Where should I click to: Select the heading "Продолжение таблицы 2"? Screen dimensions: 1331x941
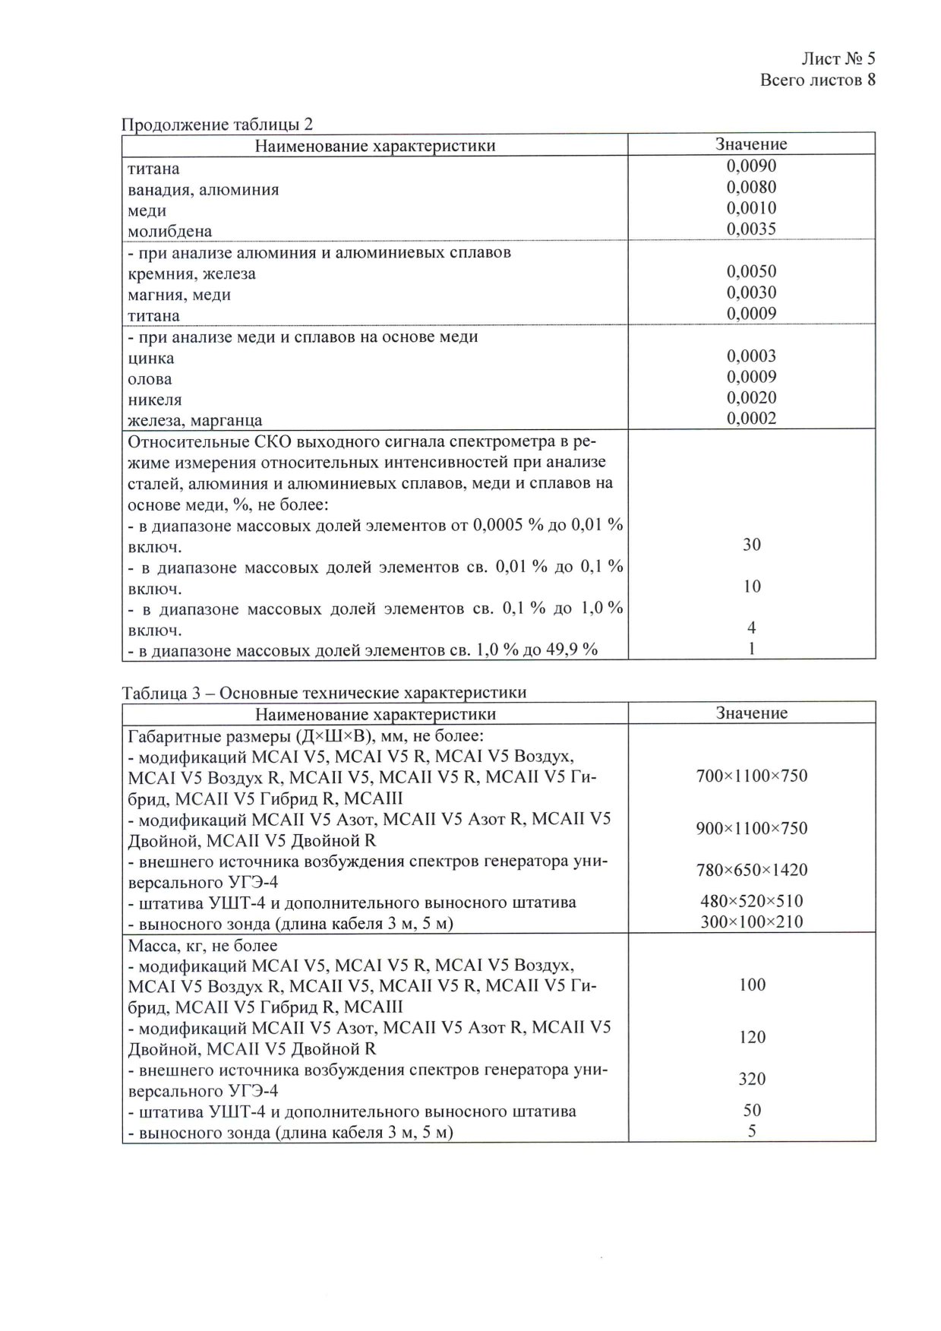[217, 125]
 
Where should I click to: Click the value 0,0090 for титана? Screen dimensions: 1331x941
[751, 166]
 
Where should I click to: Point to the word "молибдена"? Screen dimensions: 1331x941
[170, 231]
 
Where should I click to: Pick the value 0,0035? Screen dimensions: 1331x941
[751, 229]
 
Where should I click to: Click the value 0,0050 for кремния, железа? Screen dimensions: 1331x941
[751, 272]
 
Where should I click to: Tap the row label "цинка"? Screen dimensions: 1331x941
[151, 359]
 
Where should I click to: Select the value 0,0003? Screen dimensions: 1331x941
[751, 356]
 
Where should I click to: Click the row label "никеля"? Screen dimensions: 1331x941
[155, 400]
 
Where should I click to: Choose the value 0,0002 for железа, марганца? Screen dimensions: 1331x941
[751, 419]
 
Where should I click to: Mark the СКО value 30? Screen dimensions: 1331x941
[751, 545]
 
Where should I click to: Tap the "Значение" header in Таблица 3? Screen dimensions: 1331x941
[751, 713]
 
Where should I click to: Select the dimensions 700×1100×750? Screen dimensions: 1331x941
[751, 776]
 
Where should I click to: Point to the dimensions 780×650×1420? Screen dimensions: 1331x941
[751, 871]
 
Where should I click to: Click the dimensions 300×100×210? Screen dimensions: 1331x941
[751, 922]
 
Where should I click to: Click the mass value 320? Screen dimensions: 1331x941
[751, 1080]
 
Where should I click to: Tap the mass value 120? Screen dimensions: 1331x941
[751, 1038]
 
